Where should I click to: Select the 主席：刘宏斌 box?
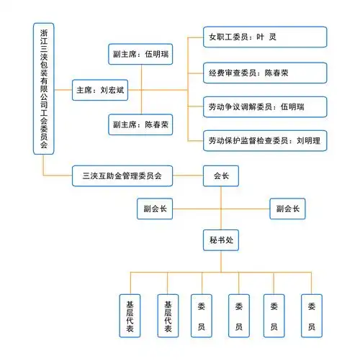pos(102,91)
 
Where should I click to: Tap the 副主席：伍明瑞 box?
pos(141,53)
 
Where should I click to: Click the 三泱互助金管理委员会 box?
pos(122,175)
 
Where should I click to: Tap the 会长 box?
pos(221,175)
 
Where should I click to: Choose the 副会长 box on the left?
pos(155,209)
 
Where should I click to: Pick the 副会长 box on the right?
pos(287,209)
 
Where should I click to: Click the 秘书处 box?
pos(221,241)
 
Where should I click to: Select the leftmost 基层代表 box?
pos(130,316)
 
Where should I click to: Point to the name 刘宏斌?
pos(113,91)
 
